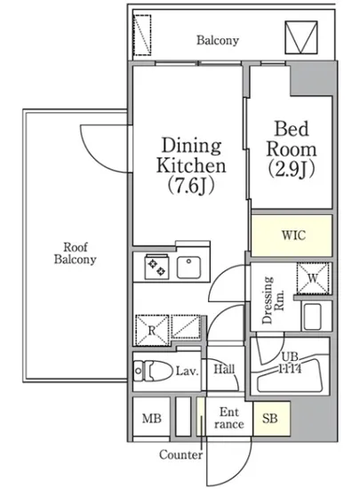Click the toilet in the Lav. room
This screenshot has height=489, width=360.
[x=152, y=371]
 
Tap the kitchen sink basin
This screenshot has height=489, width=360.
[x=188, y=268]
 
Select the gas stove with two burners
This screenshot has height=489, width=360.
[x=156, y=267]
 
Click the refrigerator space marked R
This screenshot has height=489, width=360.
[x=152, y=330]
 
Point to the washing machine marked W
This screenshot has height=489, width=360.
[x=313, y=278]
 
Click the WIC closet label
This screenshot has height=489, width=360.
[x=293, y=235]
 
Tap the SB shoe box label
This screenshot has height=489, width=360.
[x=270, y=418]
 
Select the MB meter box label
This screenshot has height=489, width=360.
[x=152, y=418]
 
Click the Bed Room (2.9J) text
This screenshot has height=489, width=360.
[x=292, y=149]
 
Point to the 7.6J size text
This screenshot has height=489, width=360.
[x=191, y=186]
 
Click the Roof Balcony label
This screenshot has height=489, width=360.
[x=76, y=253]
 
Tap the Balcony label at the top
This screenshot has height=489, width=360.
[x=218, y=41]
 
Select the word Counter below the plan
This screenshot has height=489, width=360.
[x=180, y=454]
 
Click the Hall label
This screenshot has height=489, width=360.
[x=224, y=370]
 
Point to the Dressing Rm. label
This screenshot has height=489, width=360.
[x=273, y=300]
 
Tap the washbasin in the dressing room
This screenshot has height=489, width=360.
[x=312, y=317]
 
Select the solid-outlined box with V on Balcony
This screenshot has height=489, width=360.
[x=301, y=37]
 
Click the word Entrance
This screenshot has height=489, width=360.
[x=229, y=418]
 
